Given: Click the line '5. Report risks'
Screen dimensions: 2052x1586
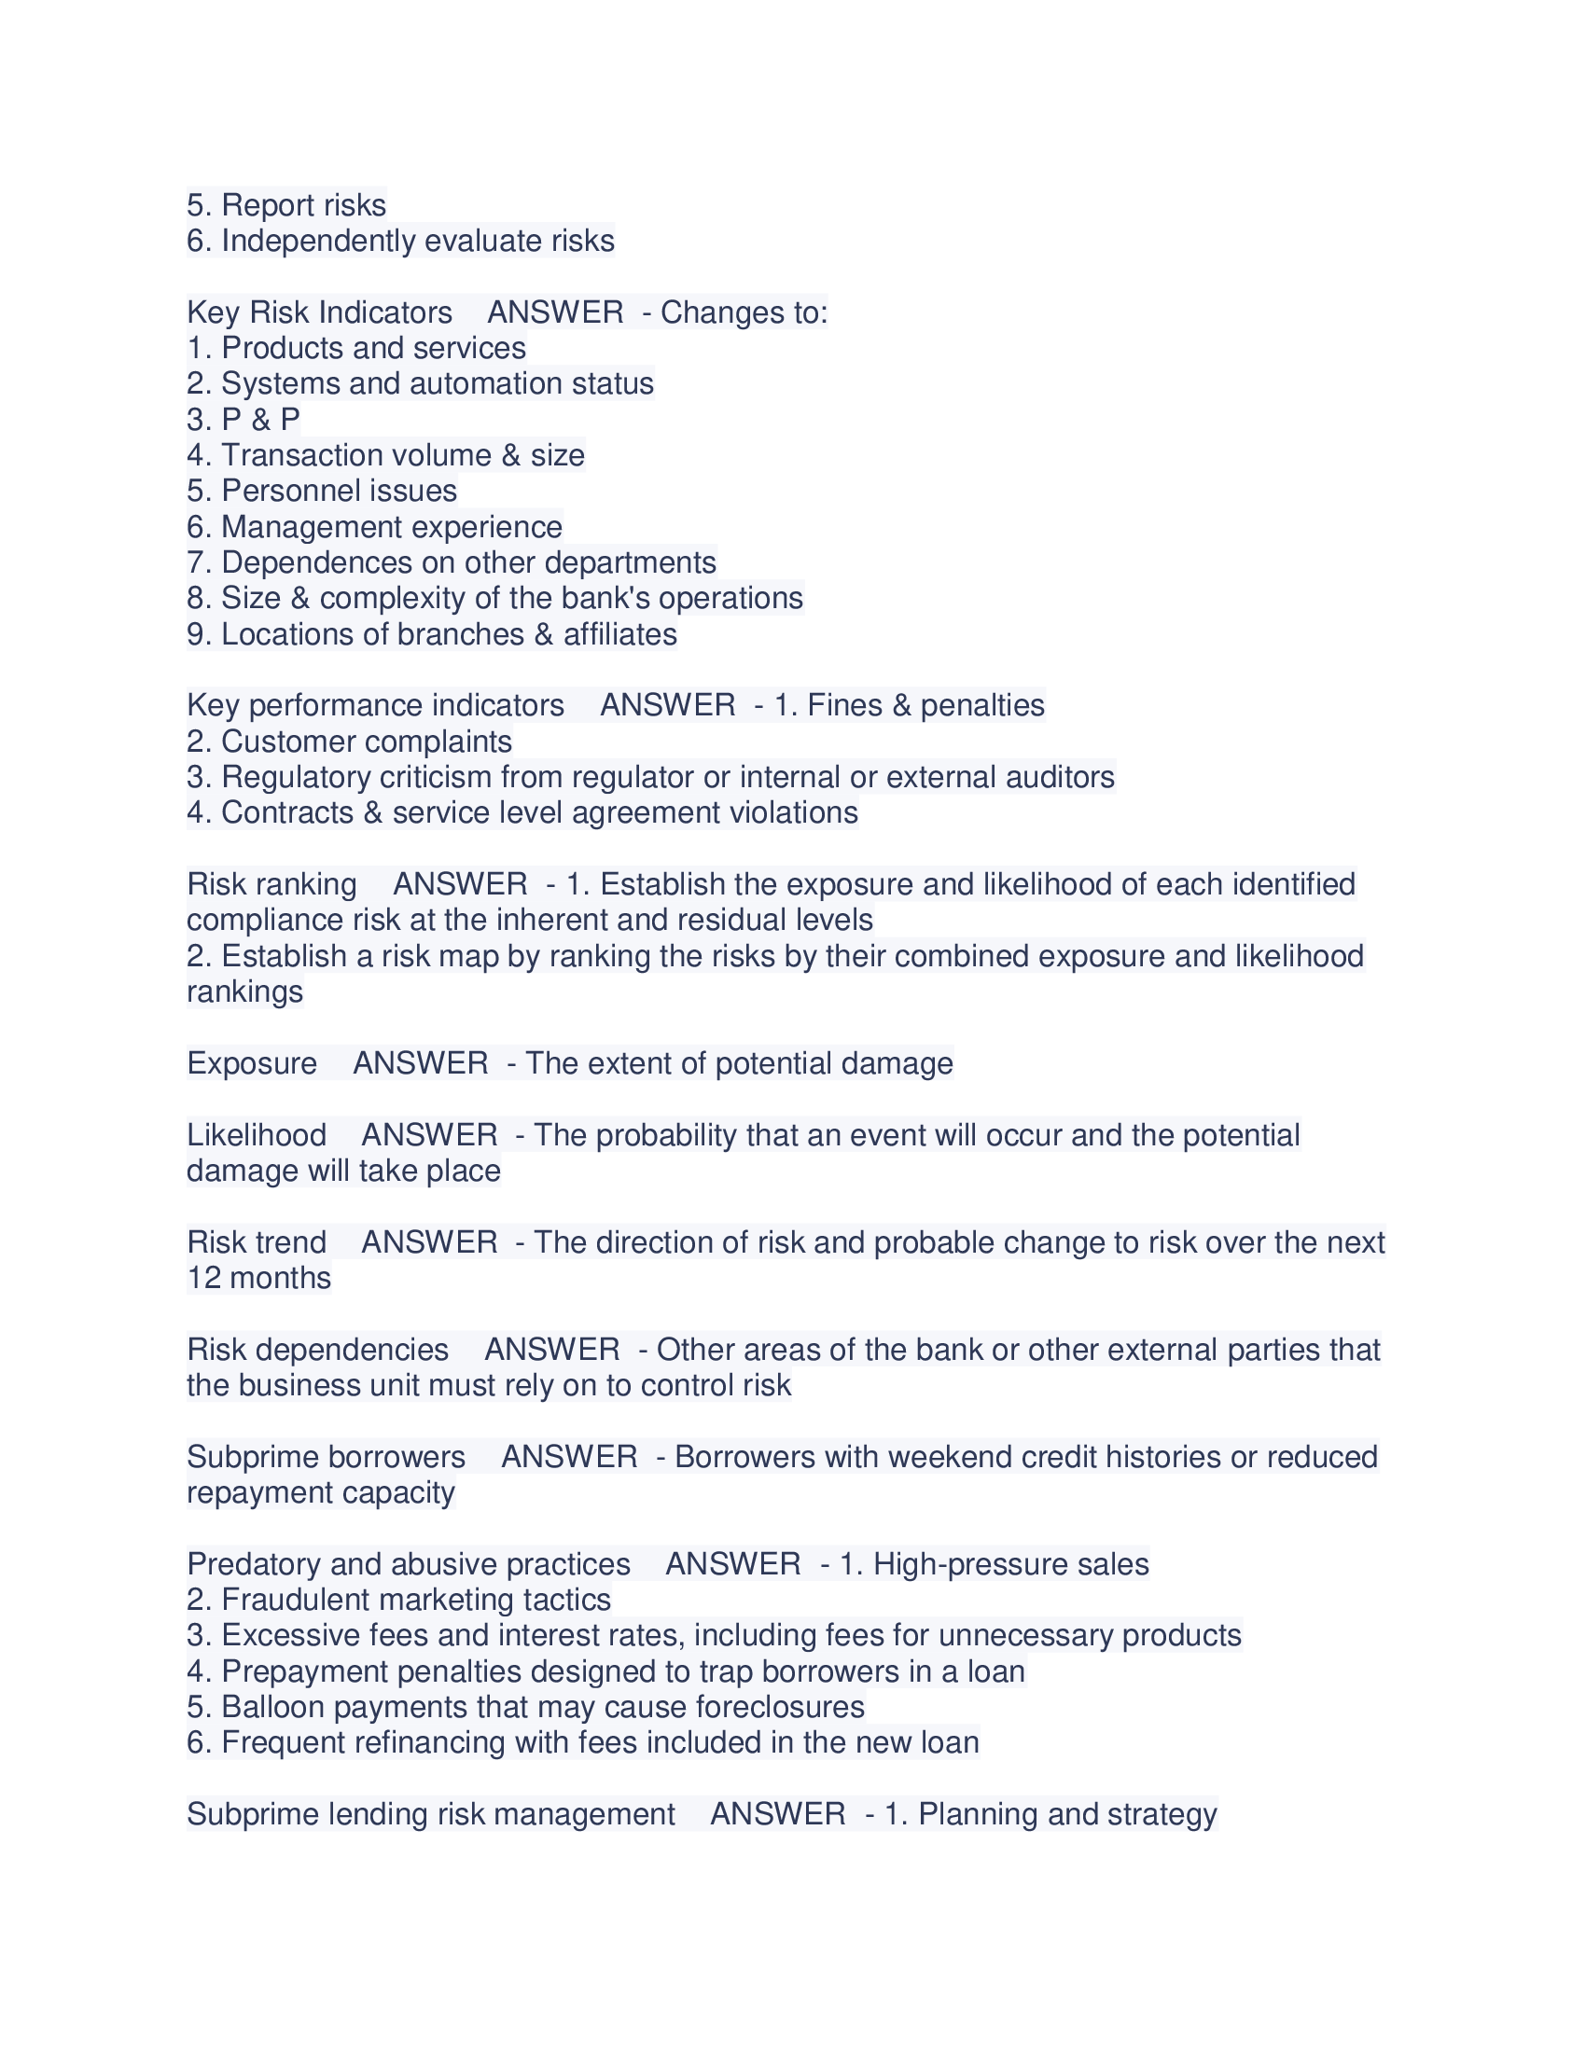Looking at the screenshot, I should pos(286,205).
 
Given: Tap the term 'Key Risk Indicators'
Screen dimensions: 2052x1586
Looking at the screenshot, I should pos(319,312).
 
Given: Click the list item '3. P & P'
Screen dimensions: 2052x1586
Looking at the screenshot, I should pos(243,419).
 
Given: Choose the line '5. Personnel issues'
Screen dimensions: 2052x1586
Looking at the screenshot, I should pos(322,491).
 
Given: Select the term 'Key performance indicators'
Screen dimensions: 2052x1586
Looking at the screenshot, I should pos(376,704).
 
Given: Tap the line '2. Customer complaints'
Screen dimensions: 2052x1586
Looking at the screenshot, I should pos(350,742).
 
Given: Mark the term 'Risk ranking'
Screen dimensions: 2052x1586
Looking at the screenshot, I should pos(271,884).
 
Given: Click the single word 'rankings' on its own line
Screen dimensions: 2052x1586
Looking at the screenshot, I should pos(244,991).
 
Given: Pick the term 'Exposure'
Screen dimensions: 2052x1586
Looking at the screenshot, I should pos(252,1062).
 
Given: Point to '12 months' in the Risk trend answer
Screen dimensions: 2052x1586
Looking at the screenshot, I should pos(258,1278).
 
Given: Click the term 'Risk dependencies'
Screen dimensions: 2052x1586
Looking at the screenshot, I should pos(317,1350).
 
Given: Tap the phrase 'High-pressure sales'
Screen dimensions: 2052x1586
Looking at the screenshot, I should pos(1011,1563).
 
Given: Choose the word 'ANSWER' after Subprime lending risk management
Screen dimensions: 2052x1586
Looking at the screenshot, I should pos(778,1813).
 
